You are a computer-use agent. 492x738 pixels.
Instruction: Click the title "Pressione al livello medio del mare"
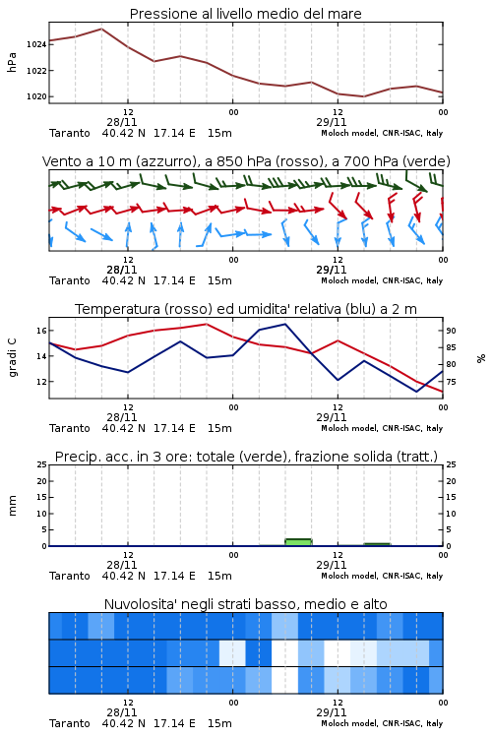point(245,14)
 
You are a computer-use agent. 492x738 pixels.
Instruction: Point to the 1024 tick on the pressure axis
point(36,44)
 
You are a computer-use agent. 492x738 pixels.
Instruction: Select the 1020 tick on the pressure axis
point(36,96)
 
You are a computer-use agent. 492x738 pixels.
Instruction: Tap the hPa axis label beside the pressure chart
point(12,62)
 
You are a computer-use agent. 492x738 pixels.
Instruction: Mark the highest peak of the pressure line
point(101,29)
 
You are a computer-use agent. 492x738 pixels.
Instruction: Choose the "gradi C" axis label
point(12,358)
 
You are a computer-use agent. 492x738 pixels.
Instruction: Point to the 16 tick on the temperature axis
point(42,331)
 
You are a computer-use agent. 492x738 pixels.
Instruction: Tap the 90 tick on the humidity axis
point(451,331)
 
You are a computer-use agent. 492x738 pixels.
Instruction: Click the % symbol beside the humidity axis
point(481,358)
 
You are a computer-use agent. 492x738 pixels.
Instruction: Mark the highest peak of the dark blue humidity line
point(284,324)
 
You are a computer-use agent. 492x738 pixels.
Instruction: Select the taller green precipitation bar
point(298,542)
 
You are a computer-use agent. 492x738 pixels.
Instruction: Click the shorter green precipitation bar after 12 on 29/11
point(377,544)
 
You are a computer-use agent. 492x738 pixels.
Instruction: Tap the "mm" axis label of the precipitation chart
point(12,506)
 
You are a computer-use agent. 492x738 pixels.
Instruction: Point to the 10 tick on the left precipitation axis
point(42,514)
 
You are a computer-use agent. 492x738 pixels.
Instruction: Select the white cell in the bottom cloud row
point(284,680)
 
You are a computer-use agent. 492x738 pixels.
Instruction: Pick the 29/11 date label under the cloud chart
point(332,712)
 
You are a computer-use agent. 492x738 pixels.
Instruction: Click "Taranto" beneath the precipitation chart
point(70,576)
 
